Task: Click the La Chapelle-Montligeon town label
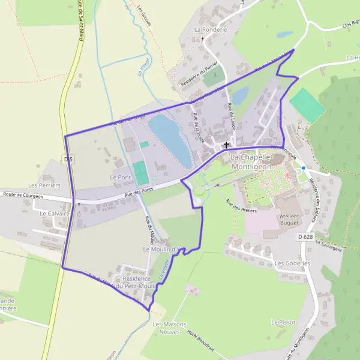coord(252,161)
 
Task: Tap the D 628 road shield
coord(305,237)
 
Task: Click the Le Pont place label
coord(120,178)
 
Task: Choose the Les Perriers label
coord(44,186)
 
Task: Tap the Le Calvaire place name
coord(51,213)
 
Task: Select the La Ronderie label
coord(211,29)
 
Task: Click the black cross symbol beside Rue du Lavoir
coord(226,144)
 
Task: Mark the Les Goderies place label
coord(292,263)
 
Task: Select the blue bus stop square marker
coord(304,168)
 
